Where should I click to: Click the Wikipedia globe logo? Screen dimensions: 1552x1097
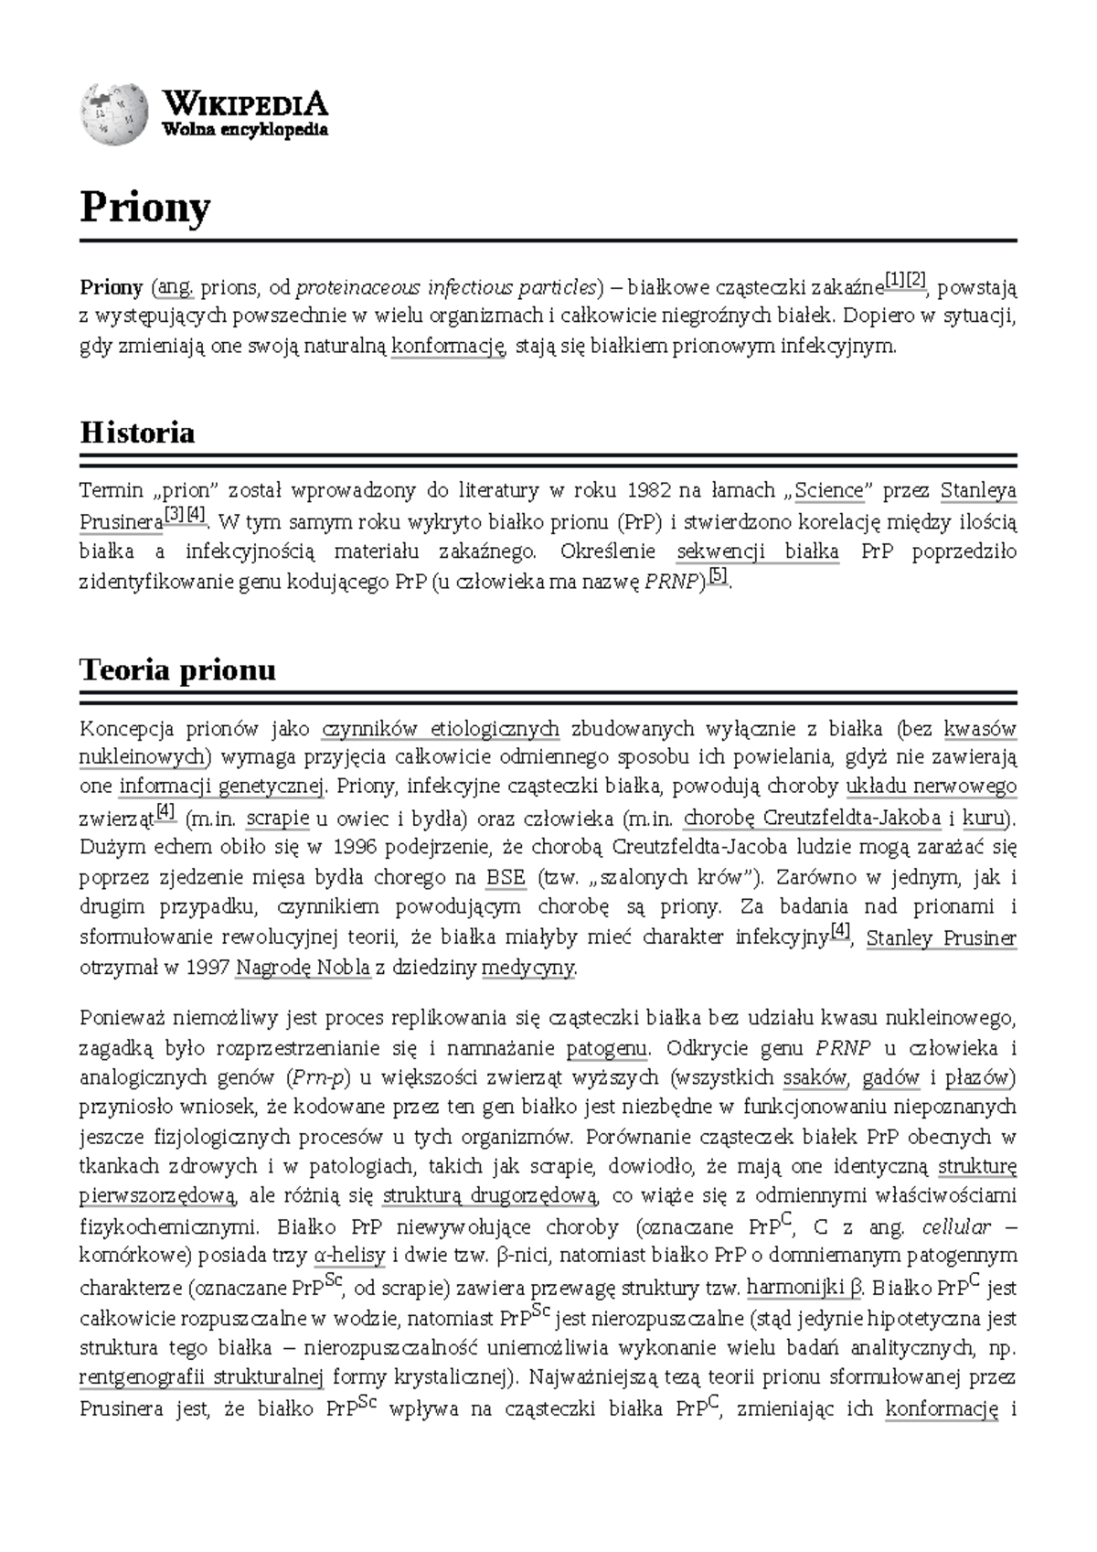pyautogui.click(x=113, y=114)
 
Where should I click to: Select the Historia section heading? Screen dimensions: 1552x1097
pyautogui.click(x=137, y=432)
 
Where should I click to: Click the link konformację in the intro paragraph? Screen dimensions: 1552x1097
pyautogui.click(x=447, y=347)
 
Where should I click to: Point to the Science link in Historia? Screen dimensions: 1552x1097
pyautogui.click(x=828, y=490)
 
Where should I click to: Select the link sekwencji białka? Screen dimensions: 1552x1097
pyautogui.click(x=758, y=551)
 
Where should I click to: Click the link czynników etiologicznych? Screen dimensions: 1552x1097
pyautogui.click(x=441, y=729)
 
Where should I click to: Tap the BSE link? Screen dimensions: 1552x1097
pyautogui.click(x=506, y=878)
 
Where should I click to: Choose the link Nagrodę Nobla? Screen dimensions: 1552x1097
pyautogui.click(x=304, y=968)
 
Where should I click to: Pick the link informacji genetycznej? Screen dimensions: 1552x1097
pyautogui.click(x=221, y=787)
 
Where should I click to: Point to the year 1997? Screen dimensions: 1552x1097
pyautogui.click(x=207, y=968)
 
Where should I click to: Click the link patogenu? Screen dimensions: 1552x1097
pyautogui.click(x=607, y=1048)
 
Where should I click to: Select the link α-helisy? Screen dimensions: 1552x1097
pyautogui.click(x=348, y=1256)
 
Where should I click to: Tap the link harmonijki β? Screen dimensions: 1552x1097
pyautogui.click(x=804, y=1288)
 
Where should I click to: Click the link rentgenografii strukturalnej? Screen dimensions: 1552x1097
pyautogui.click(x=201, y=1378)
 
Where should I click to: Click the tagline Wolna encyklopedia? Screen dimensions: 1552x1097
pyautogui.click(x=244, y=130)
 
